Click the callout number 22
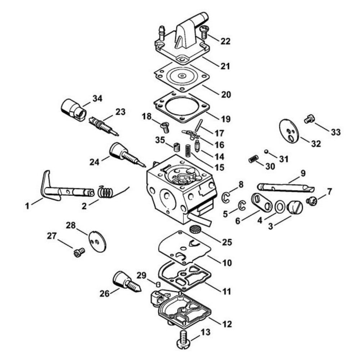tap(225, 41)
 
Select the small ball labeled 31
tap(266, 152)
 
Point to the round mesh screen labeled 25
tap(194, 229)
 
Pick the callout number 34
tap(97, 99)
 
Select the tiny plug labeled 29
tap(158, 284)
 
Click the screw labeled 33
tap(309, 120)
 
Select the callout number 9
tap(303, 174)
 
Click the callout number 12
tap(227, 324)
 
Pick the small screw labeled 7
tap(312, 201)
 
